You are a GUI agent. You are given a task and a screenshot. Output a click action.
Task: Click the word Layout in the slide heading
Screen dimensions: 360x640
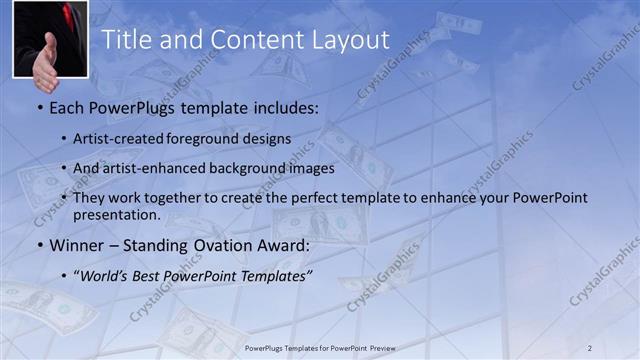348,41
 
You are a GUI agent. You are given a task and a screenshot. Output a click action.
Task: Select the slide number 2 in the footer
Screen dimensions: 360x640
590,347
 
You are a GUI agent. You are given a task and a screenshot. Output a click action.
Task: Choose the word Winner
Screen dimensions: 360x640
75,245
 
